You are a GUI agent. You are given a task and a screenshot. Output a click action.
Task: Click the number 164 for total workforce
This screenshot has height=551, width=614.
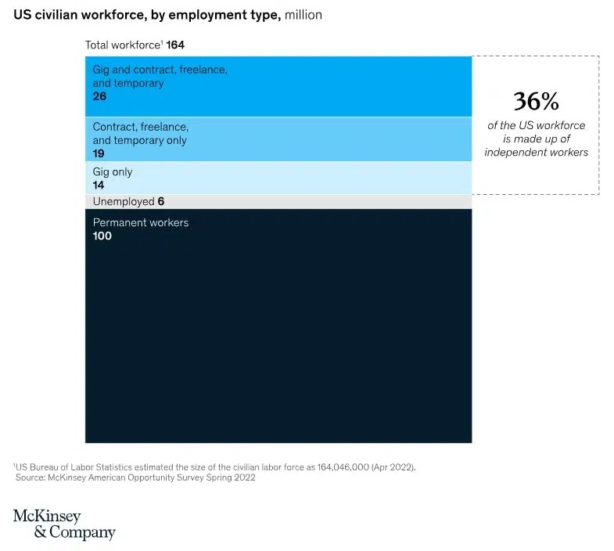[x=175, y=45]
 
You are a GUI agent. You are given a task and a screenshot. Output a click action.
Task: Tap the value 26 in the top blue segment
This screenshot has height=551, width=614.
[x=99, y=96]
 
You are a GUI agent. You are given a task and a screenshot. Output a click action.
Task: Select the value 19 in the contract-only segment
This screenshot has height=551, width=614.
[x=99, y=153]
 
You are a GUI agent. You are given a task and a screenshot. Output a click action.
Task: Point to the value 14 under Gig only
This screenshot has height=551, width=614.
[x=99, y=185]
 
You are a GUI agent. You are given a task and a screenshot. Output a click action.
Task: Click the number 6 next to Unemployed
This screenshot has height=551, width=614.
[x=160, y=201]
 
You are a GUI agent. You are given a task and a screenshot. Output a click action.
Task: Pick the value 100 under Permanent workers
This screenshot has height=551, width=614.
[x=102, y=236]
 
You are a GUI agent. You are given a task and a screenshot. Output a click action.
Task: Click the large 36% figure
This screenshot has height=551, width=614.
[x=536, y=101]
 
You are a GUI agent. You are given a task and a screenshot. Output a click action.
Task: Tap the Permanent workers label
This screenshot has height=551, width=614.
[x=141, y=222]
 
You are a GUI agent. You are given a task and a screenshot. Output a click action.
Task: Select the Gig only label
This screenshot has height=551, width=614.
[x=113, y=172]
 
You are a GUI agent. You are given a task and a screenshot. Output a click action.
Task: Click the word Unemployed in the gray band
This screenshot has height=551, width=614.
[x=123, y=201]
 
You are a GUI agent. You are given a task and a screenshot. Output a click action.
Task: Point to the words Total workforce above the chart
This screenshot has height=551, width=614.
[x=122, y=45]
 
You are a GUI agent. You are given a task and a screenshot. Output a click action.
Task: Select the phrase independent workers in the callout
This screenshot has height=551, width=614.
[x=536, y=152]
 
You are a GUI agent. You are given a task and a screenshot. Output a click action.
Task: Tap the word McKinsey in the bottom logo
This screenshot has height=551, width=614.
[x=46, y=517]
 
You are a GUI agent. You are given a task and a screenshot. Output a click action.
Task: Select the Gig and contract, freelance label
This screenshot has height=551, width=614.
[x=160, y=70]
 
